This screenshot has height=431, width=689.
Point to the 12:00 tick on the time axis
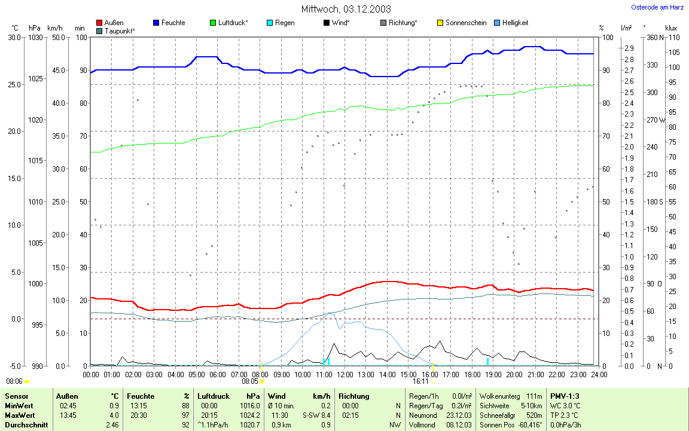(345, 374)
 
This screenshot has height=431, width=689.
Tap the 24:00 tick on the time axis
(599, 374)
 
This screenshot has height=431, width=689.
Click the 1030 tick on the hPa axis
(36, 38)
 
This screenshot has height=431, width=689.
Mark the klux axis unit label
(671, 28)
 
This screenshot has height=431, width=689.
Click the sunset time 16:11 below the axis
(420, 381)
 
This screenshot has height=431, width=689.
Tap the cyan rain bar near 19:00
(487, 362)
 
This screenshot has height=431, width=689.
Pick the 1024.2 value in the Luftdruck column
(249, 415)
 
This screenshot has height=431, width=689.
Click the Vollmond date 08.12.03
(459, 425)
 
